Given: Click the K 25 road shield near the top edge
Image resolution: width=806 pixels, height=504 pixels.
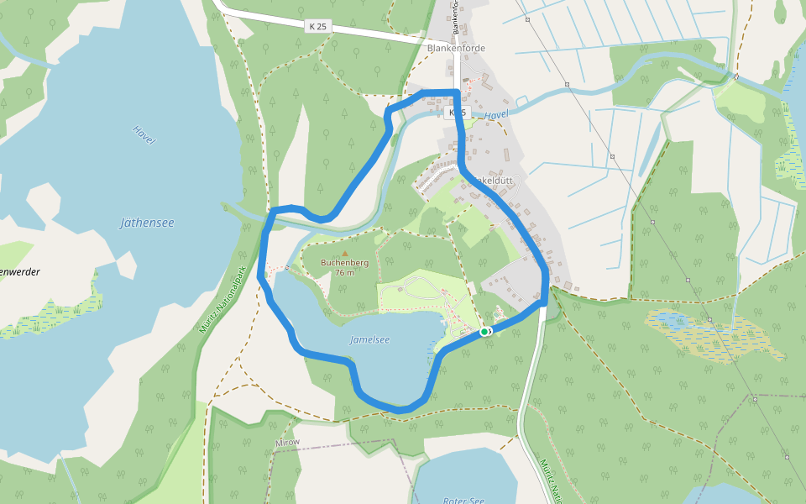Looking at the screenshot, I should tap(318, 27).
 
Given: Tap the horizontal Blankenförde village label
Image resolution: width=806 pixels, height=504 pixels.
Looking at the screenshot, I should tap(456, 49).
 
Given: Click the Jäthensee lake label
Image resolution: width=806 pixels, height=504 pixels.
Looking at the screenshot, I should tap(147, 223).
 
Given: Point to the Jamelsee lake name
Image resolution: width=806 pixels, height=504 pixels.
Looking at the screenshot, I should tap(369, 340).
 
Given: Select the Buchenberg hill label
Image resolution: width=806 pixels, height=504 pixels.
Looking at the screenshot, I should tap(344, 262).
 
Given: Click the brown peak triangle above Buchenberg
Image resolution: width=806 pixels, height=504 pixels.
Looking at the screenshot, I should tap(344, 252).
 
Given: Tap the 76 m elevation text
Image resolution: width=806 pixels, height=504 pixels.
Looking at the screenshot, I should tap(344, 273).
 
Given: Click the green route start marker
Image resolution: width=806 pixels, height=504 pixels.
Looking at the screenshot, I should tap(484, 332).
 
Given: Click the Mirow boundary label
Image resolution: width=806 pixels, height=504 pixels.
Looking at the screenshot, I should tap(287, 442).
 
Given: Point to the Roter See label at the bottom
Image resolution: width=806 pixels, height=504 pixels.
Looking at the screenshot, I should tap(465, 501).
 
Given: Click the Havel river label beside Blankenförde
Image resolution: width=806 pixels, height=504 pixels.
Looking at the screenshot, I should tap(497, 114).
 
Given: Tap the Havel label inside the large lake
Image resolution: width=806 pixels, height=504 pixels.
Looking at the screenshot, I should tap(144, 134).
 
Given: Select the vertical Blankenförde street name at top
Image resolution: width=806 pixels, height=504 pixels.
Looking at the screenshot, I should tap(457, 17).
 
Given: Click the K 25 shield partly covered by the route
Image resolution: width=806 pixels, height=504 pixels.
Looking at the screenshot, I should tap(457, 112).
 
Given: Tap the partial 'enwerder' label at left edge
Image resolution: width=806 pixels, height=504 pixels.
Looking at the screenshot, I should tap(19, 272).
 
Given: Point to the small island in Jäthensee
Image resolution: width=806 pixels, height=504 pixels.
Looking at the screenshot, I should tap(126, 265).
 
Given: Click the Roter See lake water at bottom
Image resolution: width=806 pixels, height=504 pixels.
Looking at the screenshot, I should tap(470, 475).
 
